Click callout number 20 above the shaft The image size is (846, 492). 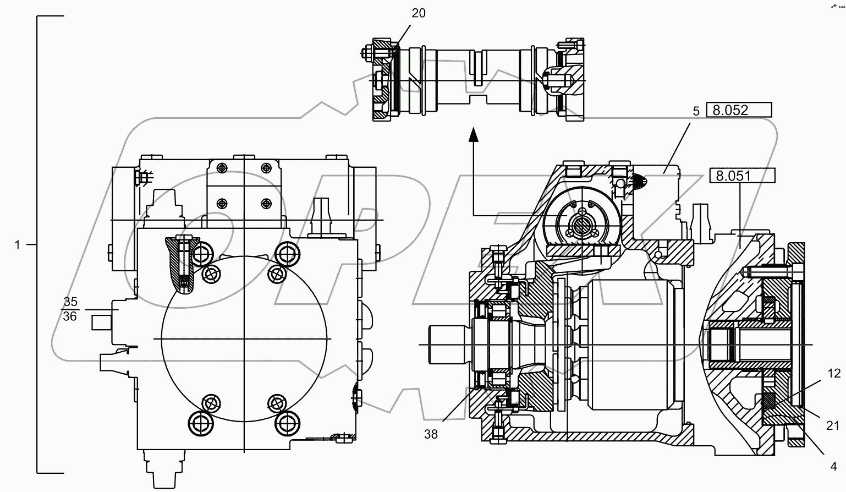click(x=419, y=13)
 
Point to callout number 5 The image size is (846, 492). click(x=696, y=111)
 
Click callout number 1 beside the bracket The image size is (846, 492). click(x=17, y=245)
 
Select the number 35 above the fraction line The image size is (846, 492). click(x=70, y=302)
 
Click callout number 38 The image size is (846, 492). click(x=431, y=434)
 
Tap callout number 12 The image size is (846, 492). click(x=834, y=374)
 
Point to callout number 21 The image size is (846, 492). click(x=833, y=425)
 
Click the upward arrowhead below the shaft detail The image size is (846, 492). click(x=473, y=134)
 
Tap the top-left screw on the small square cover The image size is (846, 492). click(x=222, y=167)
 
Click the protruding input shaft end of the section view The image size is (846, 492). click(x=447, y=345)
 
